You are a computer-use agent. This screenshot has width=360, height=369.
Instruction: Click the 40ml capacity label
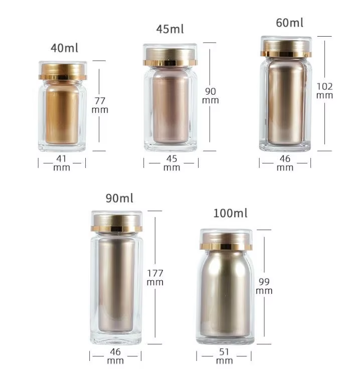pos(64,48)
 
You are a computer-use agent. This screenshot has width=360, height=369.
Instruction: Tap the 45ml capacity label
pos(170,29)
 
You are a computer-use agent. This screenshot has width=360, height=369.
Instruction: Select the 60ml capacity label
pos(289,23)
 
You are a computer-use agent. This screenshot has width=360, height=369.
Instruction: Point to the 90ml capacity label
pos(119,198)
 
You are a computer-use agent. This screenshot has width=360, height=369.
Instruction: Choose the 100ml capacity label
pos(230,213)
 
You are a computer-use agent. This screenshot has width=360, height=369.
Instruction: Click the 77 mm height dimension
pos(100,105)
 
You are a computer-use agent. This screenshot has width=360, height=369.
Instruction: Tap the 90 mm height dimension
pos(211,96)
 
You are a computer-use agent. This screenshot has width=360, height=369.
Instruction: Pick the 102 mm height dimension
pos(324,91)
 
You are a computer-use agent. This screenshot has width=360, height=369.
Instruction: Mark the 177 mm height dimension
pos(155,277)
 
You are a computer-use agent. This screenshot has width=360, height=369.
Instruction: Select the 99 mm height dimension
pos(264,286)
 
